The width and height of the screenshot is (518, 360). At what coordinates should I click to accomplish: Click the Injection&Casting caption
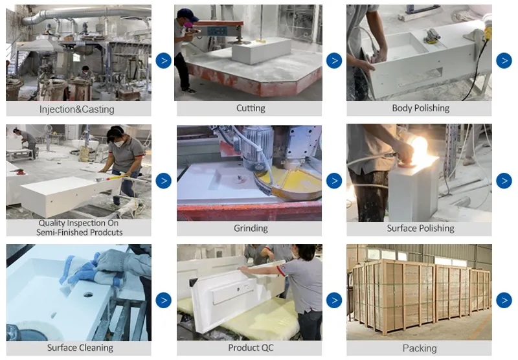77,109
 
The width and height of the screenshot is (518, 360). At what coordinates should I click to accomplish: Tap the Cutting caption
251,108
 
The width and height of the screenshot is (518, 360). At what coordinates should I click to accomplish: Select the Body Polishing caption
420,108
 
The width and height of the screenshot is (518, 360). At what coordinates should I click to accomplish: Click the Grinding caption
251,228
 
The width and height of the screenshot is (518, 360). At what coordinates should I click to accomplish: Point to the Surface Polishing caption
420,228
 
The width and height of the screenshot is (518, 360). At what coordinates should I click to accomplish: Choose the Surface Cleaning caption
80,348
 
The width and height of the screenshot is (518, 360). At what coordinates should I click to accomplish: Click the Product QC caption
251,348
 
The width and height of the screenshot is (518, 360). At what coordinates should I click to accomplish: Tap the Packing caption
420,348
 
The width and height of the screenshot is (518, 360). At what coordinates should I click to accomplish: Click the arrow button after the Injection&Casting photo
164,60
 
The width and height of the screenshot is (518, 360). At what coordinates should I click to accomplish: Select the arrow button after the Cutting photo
334,60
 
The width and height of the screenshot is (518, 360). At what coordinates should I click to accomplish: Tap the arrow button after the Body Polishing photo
504,60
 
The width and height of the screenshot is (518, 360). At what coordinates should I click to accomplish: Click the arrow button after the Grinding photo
334,181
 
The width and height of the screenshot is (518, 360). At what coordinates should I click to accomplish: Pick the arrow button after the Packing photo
504,300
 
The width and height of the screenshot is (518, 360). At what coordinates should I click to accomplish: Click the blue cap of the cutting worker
187,14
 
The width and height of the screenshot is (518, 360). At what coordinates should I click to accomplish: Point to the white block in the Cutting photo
262,51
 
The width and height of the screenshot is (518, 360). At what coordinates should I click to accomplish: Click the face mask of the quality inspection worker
118,143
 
